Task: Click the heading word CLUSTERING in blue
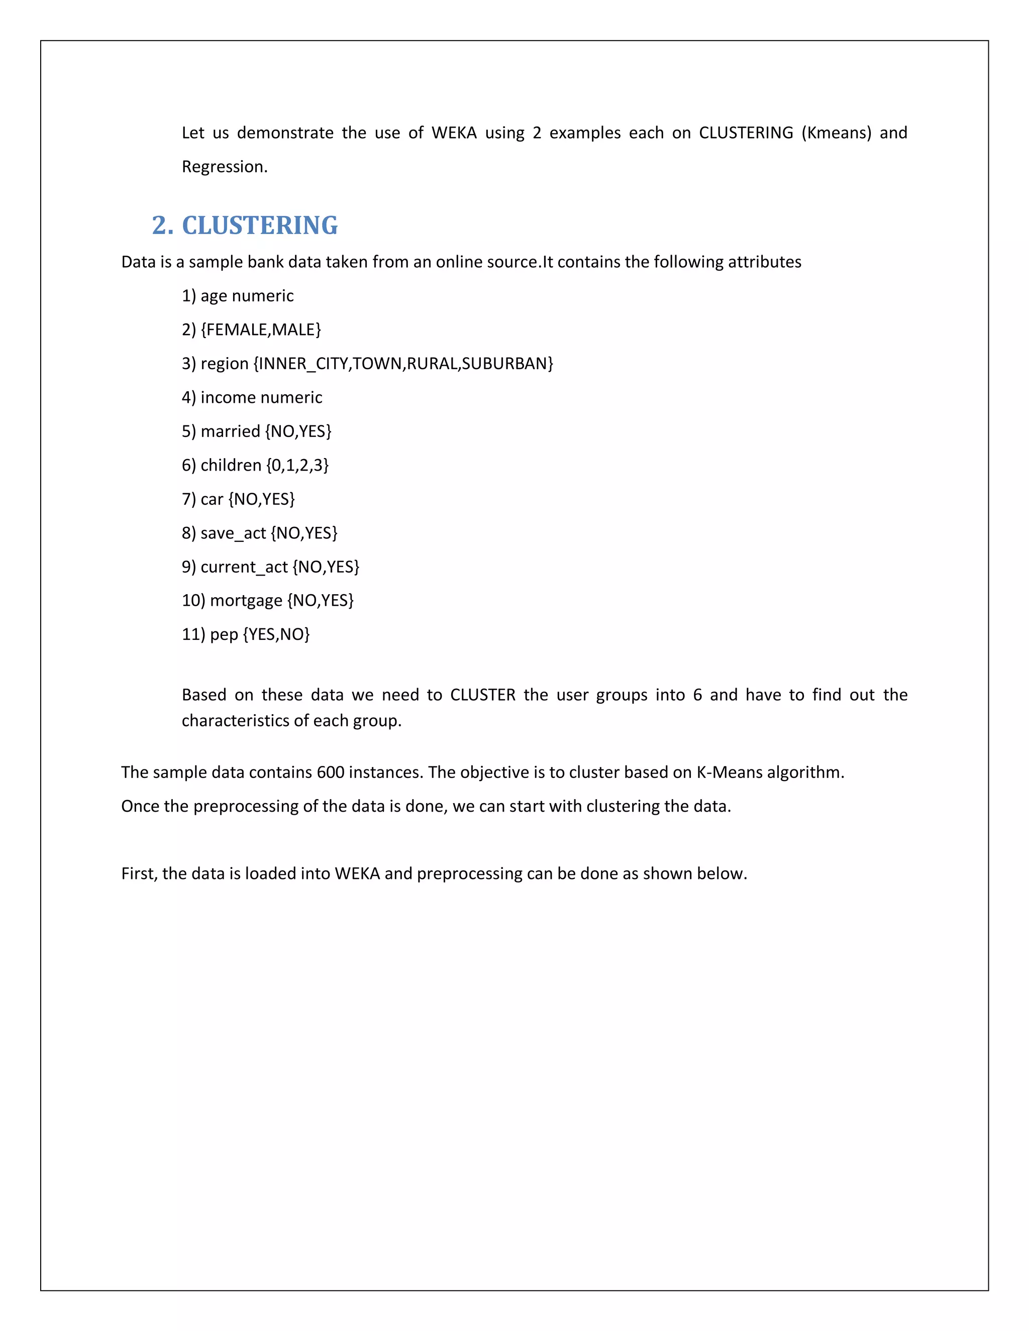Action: click(x=260, y=226)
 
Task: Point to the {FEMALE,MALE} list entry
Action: click(x=260, y=329)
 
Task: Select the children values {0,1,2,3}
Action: click(x=297, y=466)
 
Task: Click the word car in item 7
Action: click(x=212, y=499)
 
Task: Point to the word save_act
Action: click(x=233, y=533)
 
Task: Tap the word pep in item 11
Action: click(x=224, y=635)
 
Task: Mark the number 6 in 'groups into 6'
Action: click(x=697, y=695)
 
